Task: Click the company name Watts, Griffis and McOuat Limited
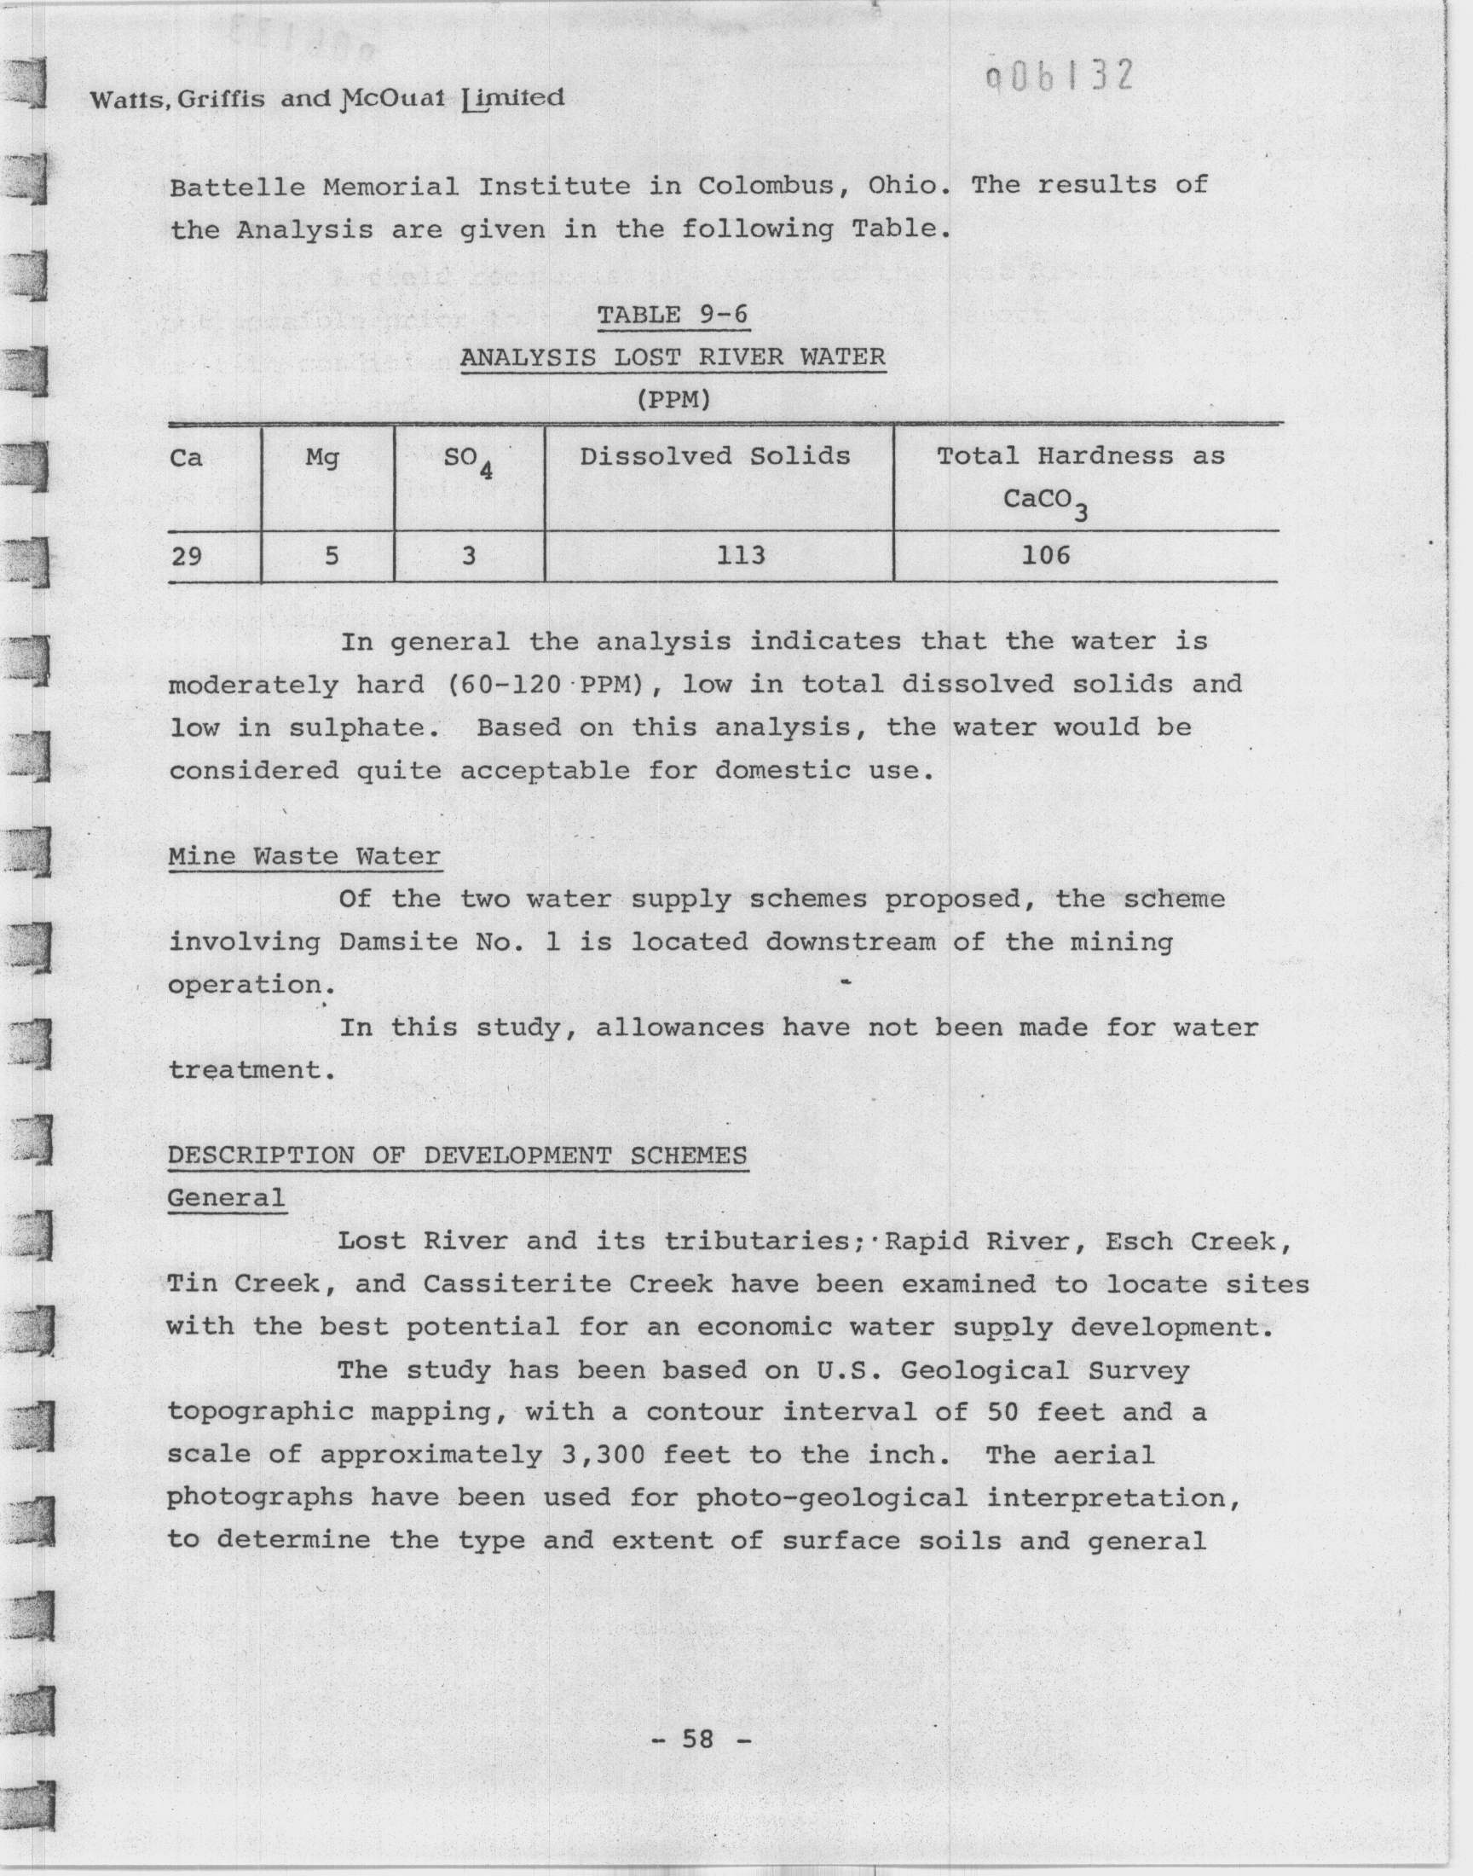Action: tap(326, 99)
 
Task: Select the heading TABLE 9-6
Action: tap(673, 315)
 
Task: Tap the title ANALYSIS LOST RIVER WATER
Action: tap(673, 357)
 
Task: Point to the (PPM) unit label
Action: tap(673, 400)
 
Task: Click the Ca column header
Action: tap(187, 457)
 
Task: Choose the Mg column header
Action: tap(322, 457)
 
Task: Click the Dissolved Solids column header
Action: tap(715, 456)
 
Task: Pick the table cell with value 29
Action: tap(187, 556)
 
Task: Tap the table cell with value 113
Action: tap(741, 555)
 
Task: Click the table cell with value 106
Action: tap(1045, 555)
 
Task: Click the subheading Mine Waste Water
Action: tap(304, 856)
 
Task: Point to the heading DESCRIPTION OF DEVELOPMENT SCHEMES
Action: tap(457, 1155)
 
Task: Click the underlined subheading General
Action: tap(226, 1198)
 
